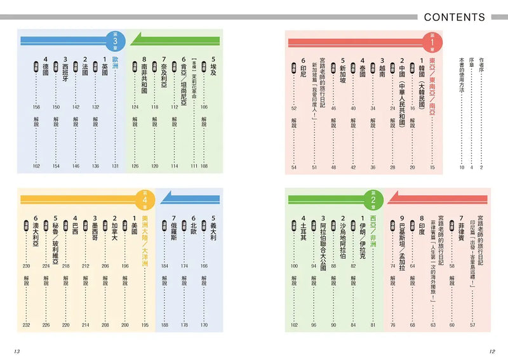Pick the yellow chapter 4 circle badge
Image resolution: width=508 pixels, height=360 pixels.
[x=145, y=197]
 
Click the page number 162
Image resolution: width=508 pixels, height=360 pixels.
[x=36, y=166]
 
